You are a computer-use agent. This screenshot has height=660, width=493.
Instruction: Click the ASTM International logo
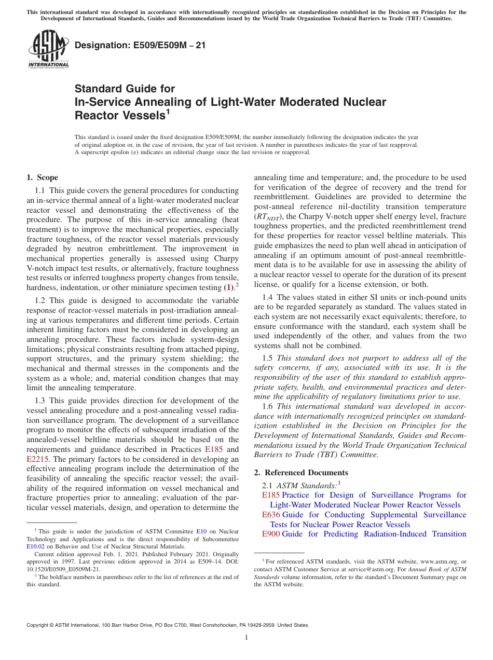48,49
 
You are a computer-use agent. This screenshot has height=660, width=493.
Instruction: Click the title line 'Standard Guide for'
125,89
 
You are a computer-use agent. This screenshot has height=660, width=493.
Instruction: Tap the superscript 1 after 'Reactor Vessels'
168,112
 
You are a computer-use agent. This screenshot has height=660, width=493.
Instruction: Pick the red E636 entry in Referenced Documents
271,515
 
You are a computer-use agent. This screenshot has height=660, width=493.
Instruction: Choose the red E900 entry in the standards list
271,534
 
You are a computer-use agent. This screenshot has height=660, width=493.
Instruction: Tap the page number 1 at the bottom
246,638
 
